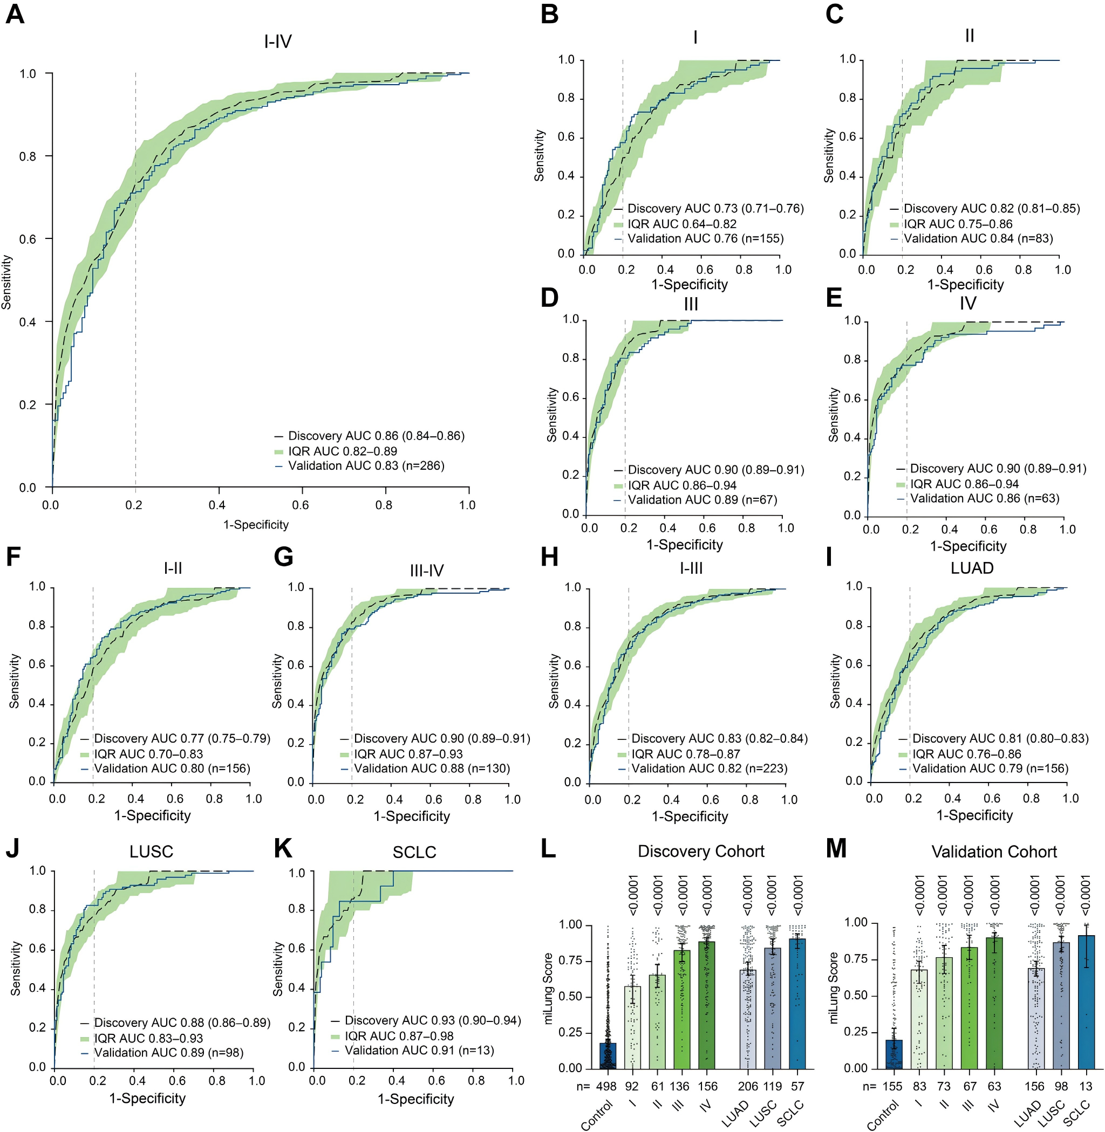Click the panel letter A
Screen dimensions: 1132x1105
point(15,14)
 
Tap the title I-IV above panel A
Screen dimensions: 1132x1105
point(277,41)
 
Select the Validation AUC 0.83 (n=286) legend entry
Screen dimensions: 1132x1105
point(366,466)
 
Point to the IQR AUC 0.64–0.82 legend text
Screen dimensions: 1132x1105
point(681,224)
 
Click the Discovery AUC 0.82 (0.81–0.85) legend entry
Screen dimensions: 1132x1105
point(991,208)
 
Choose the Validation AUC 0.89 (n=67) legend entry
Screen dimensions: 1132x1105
point(702,499)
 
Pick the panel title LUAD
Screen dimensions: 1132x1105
point(972,567)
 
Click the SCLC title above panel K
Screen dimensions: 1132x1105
point(414,852)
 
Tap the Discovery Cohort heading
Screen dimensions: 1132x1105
point(700,850)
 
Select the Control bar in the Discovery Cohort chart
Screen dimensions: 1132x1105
point(608,1055)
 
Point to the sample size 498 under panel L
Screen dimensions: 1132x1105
point(606,1086)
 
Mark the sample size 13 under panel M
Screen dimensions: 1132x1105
point(1085,1086)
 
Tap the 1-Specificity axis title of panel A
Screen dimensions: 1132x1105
point(256,525)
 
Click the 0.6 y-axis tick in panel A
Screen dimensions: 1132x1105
point(28,239)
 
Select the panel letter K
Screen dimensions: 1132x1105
point(283,848)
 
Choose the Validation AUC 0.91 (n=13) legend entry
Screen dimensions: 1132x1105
point(419,1050)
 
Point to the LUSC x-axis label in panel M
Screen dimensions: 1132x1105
point(1053,1113)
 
